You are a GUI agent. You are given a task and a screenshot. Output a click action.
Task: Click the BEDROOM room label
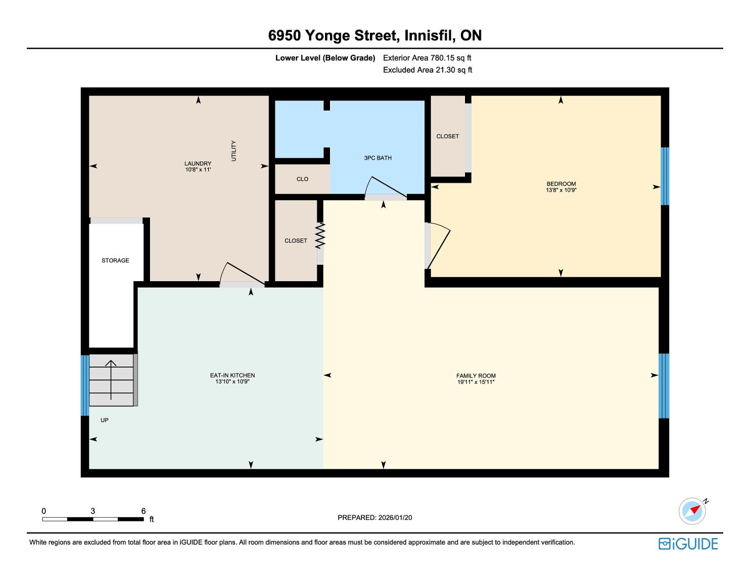point(561,184)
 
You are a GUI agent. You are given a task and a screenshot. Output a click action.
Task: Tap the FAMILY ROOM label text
point(476,376)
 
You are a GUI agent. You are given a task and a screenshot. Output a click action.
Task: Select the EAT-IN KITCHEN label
point(232,375)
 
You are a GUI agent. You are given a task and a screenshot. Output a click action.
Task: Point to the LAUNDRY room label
point(198,163)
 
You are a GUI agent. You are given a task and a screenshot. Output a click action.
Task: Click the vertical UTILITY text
point(233,151)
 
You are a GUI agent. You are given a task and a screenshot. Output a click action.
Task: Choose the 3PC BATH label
point(378,158)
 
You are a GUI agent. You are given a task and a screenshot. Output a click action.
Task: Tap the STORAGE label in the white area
point(115,260)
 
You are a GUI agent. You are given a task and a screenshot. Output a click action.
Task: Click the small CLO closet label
point(302,179)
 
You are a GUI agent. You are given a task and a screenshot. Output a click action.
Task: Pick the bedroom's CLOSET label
point(448,137)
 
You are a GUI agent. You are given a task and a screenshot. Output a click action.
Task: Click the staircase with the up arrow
point(112,380)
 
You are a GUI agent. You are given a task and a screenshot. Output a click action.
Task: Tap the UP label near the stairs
point(105,420)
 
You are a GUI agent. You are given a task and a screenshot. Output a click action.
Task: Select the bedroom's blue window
point(665,176)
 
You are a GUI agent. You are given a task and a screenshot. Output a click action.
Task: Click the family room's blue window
point(664,386)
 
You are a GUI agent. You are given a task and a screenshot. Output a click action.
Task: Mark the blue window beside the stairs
point(85,385)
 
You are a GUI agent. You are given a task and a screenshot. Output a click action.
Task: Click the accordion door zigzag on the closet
point(320,236)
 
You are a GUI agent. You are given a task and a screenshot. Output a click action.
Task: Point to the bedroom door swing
point(438,245)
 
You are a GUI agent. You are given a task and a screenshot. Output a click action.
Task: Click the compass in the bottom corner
point(692,511)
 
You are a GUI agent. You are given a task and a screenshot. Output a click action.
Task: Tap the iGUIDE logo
point(688,544)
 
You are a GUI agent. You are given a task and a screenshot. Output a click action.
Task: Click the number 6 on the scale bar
point(144,511)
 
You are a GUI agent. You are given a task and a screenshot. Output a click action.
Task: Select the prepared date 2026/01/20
point(395,517)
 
